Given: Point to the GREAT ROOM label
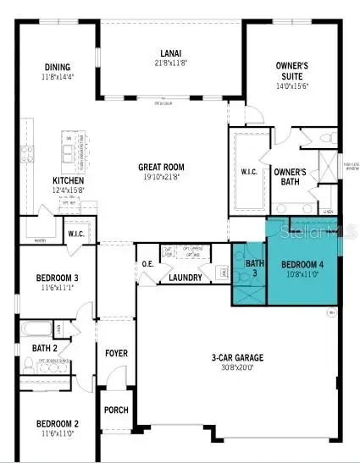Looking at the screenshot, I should [163, 167].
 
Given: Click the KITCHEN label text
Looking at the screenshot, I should [69, 180].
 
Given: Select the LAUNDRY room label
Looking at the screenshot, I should [186, 278].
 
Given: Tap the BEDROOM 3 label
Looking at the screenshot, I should [57, 278].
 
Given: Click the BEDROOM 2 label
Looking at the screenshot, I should [57, 423].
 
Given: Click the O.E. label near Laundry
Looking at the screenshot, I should [147, 262].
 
